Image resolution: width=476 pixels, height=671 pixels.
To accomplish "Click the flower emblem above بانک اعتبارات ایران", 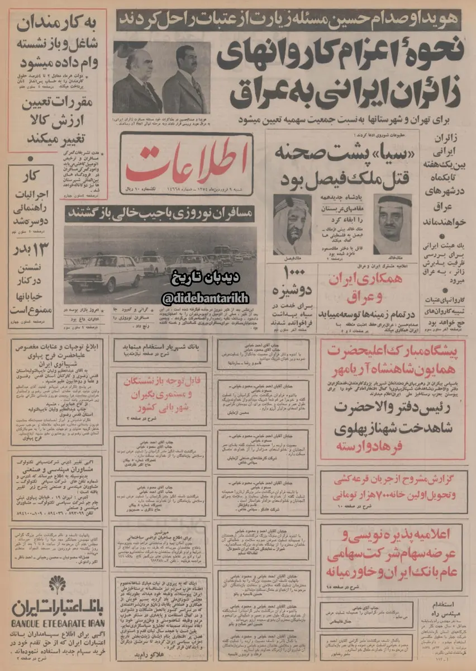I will coord(56,585).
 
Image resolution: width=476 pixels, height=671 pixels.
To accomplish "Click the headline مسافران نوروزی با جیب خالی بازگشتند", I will coord(160,214).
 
